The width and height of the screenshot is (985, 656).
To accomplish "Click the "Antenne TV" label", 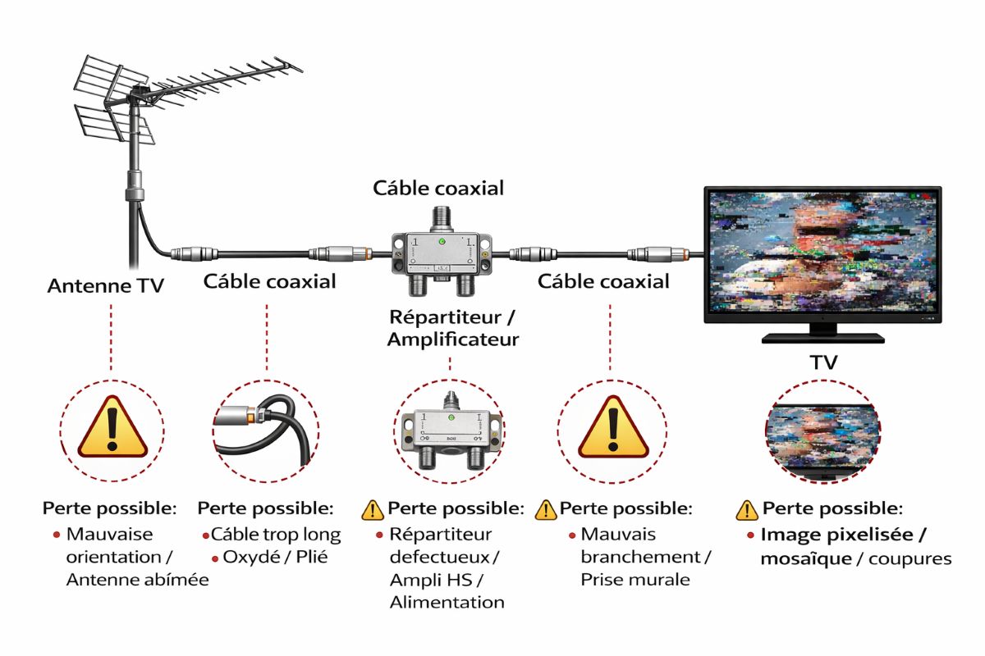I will click(105, 286).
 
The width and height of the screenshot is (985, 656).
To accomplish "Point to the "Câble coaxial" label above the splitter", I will click(438, 188).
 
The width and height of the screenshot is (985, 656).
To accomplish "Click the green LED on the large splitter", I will click(442, 242).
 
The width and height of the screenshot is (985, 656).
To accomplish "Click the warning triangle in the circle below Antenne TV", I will click(112, 426).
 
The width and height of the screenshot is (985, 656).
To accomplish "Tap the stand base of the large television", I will click(822, 336).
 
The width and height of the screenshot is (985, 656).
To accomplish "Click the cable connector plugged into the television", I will click(657, 254).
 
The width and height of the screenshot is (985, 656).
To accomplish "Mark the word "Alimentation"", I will click(447, 603).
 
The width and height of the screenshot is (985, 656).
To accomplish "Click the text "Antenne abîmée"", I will click(137, 580).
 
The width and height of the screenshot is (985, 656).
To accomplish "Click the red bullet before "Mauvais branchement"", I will click(570, 535).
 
